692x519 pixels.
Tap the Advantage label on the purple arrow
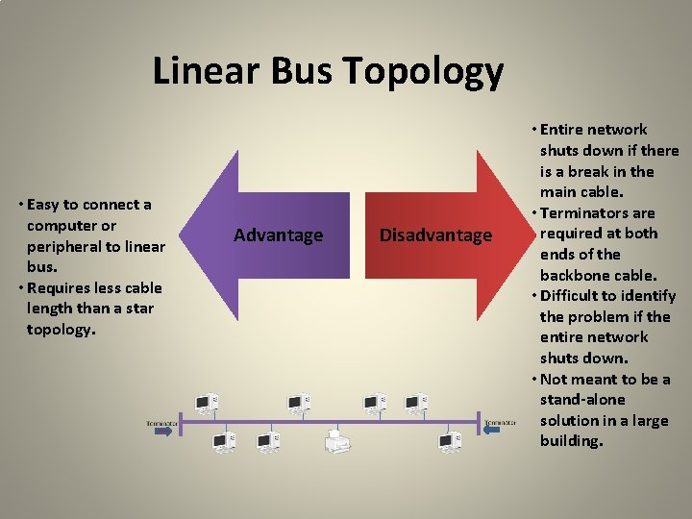(x=279, y=235)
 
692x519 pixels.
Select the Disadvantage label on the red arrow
(x=435, y=235)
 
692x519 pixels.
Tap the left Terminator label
(x=162, y=422)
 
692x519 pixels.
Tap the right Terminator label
(x=500, y=422)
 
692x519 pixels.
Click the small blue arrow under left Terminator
(x=162, y=432)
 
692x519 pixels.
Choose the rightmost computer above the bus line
(x=416, y=403)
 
